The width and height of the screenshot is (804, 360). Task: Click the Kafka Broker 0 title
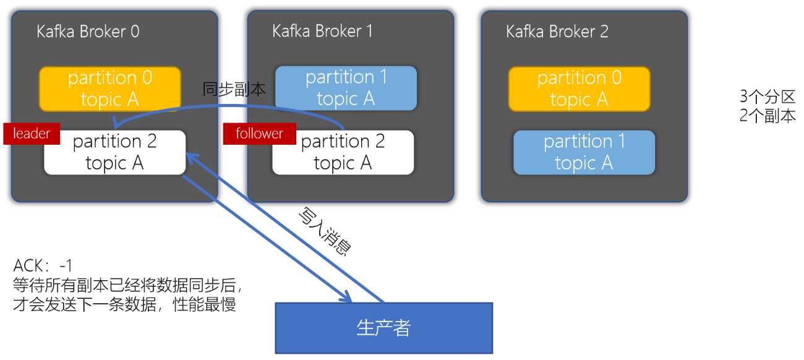[88, 32]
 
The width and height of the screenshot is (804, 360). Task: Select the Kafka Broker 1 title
[322, 31]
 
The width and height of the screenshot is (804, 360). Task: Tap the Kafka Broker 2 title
[557, 32]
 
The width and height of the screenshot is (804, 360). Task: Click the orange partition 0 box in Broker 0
[111, 89]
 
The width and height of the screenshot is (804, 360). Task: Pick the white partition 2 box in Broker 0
[115, 153]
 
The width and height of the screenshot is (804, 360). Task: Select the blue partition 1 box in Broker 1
[346, 88]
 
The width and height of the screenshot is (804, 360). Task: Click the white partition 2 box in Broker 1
[343, 153]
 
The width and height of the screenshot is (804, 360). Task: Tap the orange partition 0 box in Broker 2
[579, 89]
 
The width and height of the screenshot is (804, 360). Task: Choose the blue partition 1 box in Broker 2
[584, 152]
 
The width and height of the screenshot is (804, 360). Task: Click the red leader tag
[32, 134]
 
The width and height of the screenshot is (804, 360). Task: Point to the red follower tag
[259, 134]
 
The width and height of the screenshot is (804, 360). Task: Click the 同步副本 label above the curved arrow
[234, 90]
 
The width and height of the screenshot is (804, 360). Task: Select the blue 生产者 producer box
[383, 328]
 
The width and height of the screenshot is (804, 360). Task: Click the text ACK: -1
[43, 266]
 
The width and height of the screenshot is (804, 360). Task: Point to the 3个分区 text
[766, 97]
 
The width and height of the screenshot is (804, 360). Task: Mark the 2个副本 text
[767, 116]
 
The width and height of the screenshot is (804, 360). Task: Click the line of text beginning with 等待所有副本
[127, 285]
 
